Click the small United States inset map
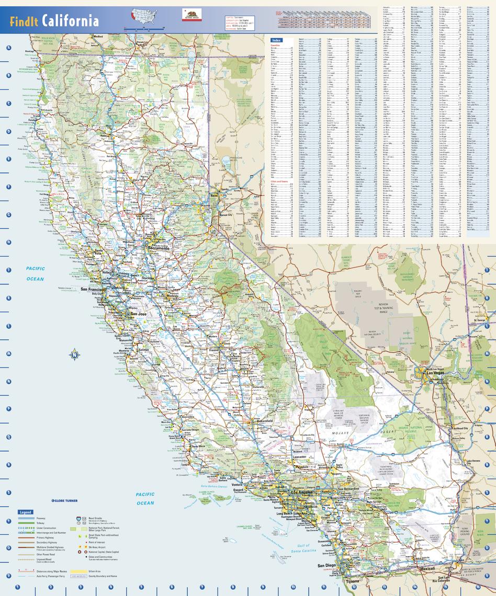point(143,14)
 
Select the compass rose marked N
point(75,355)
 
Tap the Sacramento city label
point(159,248)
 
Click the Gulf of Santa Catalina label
point(303,548)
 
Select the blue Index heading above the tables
point(276,40)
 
